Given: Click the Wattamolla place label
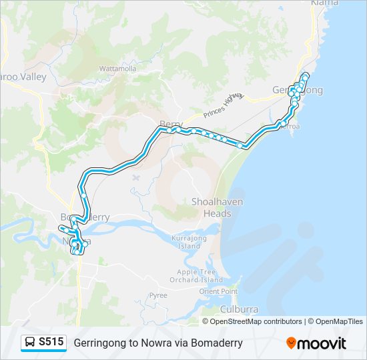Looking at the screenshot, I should (117, 69).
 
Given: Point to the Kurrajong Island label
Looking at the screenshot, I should (190, 242).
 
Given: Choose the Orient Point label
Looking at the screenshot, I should (218, 291).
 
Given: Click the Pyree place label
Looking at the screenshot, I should (158, 295).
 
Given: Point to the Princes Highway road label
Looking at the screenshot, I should (224, 103).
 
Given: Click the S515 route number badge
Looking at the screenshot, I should (51, 342).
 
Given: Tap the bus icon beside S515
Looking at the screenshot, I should (31, 343).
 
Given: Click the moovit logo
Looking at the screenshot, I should (316, 343).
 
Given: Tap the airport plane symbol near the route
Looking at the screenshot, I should (136, 178).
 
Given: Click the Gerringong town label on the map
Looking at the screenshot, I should (298, 90).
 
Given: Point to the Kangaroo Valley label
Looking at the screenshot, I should (23, 77).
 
